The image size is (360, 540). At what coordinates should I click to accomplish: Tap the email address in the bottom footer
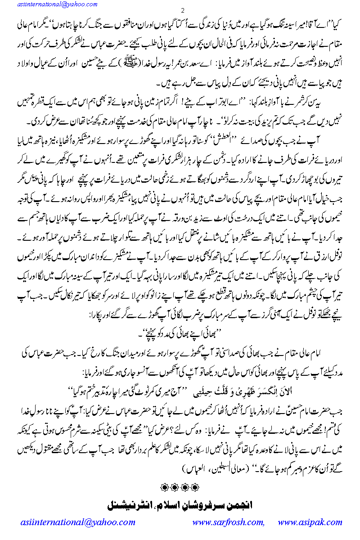[78, 522]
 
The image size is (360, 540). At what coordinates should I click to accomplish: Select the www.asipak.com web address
[310, 522]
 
